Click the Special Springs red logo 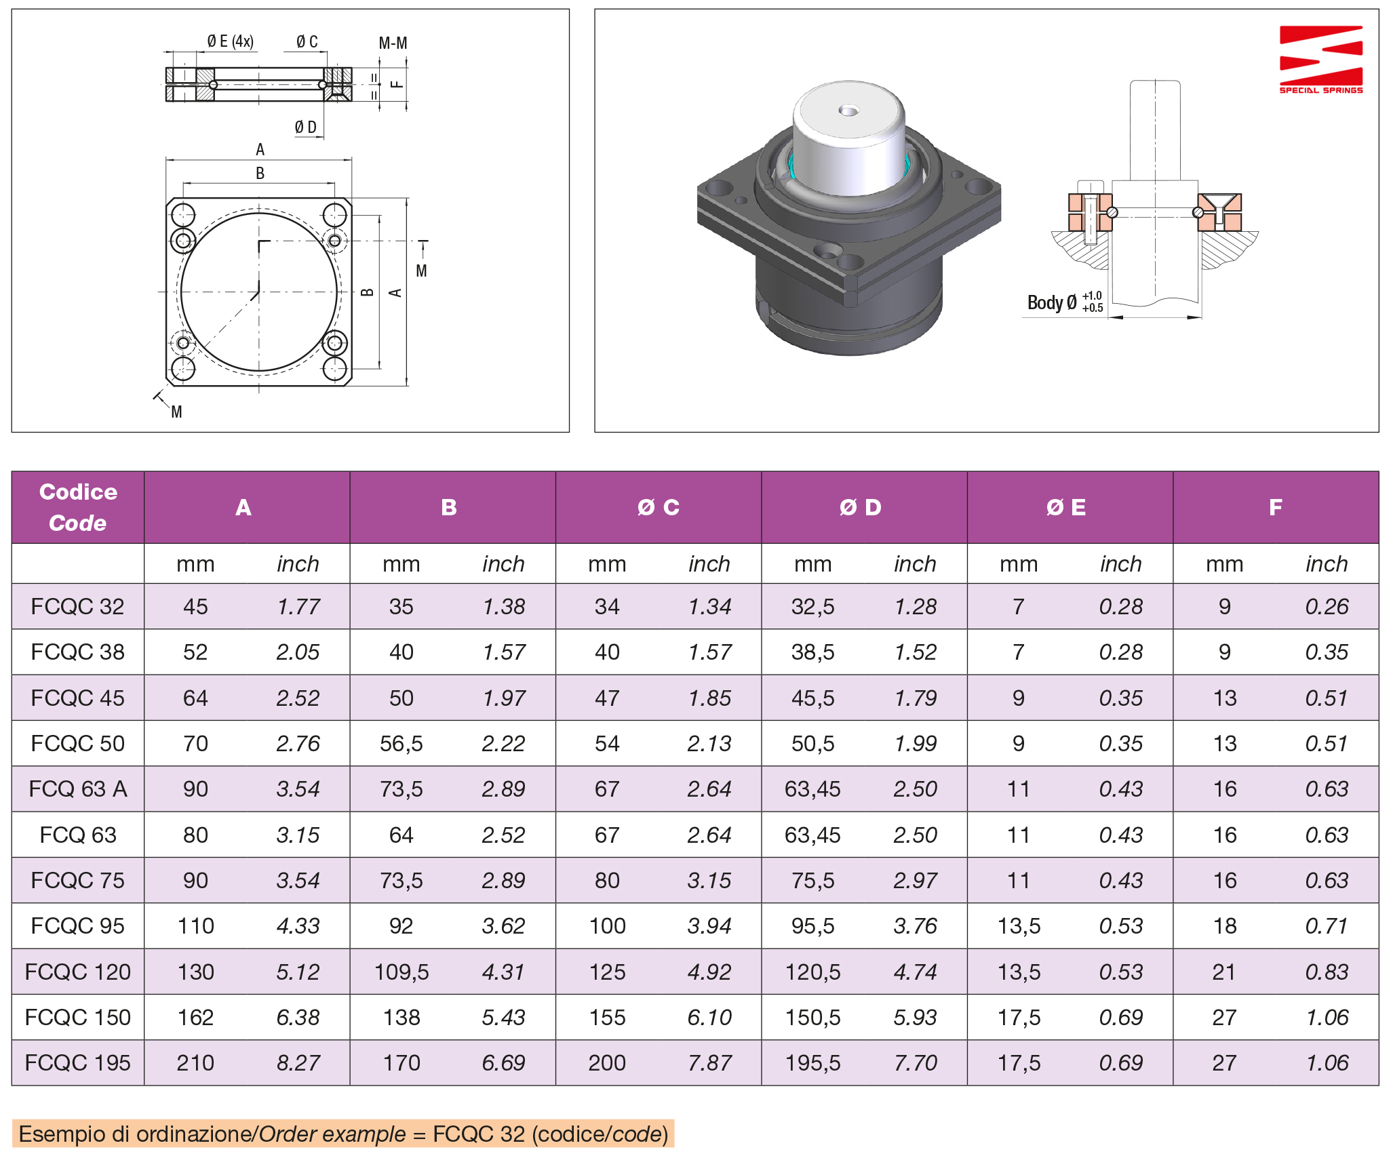(x=1320, y=59)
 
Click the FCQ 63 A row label (x=77, y=789)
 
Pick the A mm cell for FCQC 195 (x=195, y=1062)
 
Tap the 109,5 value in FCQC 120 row (x=401, y=972)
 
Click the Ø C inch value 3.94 (x=709, y=926)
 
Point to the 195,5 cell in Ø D (x=812, y=1062)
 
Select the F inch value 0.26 (x=1326, y=606)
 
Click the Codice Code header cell (x=78, y=507)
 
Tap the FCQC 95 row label (x=77, y=926)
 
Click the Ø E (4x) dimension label (x=230, y=41)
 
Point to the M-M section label (x=393, y=43)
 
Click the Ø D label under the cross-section (x=305, y=127)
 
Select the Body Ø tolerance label (x=1064, y=302)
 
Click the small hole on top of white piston (x=848, y=110)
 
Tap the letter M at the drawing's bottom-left (x=176, y=412)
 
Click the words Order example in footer (x=332, y=1134)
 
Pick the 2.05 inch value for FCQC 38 (x=298, y=652)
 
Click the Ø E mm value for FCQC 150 (x=1019, y=1017)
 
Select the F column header (x=1275, y=507)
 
